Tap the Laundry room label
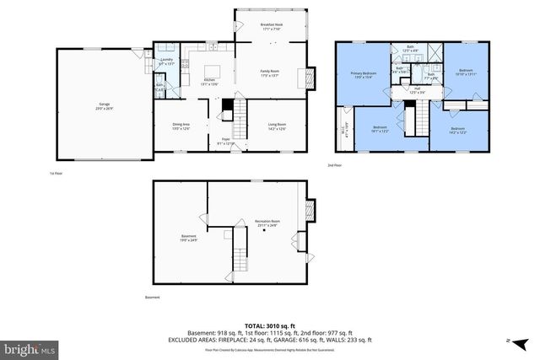point(166,62)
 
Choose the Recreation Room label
point(267,223)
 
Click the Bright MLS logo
point(29,347)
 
